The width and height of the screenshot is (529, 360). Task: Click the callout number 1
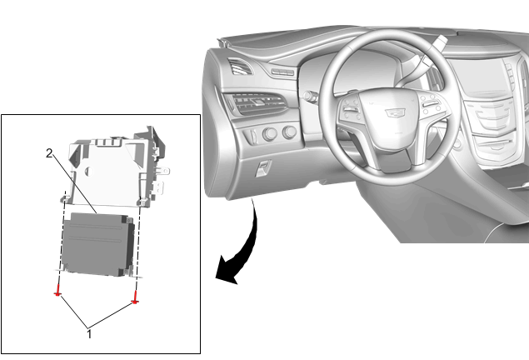pyautogui.click(x=89, y=334)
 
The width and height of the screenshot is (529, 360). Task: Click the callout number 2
pyautogui.click(x=49, y=153)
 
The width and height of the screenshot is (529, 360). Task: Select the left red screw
pyautogui.click(x=58, y=291)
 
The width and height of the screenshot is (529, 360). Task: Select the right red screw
pyautogui.click(x=135, y=298)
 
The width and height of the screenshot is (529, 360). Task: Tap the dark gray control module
pyautogui.click(x=97, y=244)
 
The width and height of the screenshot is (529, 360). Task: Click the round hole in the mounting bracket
pyautogui.click(x=89, y=171)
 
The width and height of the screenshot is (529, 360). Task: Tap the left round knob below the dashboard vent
pyautogui.click(x=270, y=134)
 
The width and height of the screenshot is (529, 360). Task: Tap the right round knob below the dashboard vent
pyautogui.click(x=289, y=132)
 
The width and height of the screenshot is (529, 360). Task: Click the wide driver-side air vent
pyautogui.click(x=257, y=103)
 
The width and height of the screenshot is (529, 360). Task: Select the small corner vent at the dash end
pyautogui.click(x=240, y=66)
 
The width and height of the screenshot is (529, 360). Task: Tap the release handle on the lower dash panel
pyautogui.click(x=264, y=168)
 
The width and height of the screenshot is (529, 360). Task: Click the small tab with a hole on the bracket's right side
pyautogui.click(x=163, y=171)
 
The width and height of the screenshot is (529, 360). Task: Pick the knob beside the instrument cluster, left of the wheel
pyautogui.click(x=309, y=96)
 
